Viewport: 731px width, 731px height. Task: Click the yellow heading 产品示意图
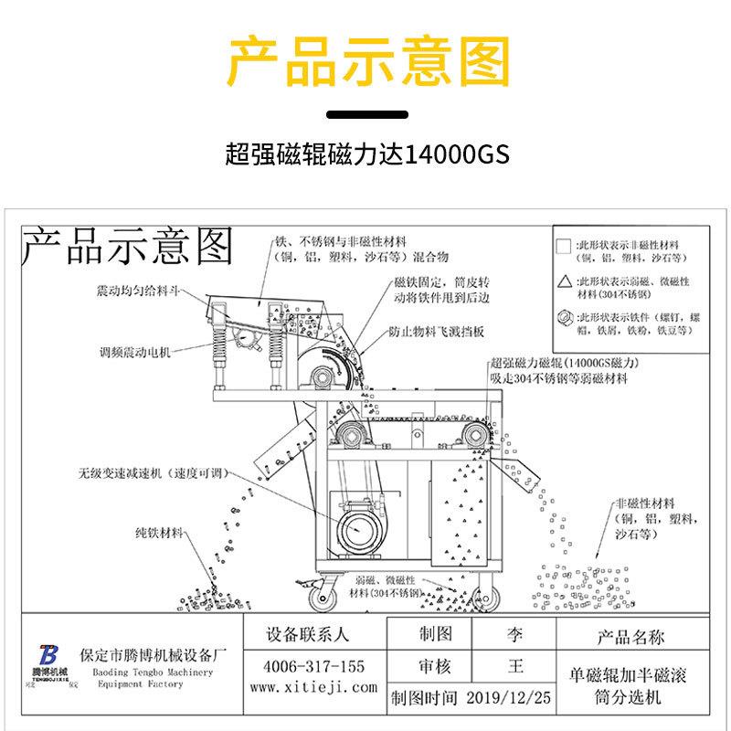point(365,61)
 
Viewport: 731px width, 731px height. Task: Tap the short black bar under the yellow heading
point(365,114)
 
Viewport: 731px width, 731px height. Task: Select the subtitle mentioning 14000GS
point(365,152)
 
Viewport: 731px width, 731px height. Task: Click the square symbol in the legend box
point(563,246)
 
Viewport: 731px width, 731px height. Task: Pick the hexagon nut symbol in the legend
point(563,318)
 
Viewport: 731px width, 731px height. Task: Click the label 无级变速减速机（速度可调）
point(151,473)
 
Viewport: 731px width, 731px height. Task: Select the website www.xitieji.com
point(313,687)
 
